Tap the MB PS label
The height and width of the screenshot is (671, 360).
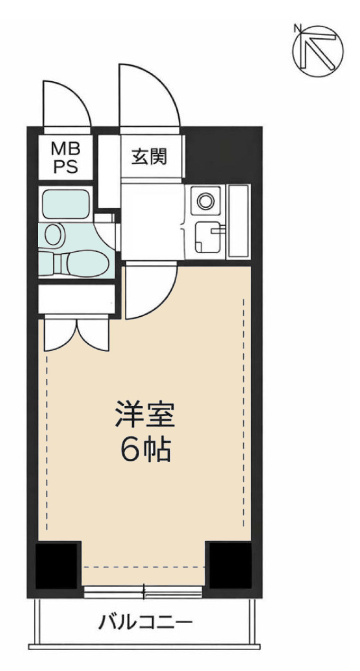click(x=66, y=158)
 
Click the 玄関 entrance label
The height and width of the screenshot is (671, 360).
click(x=149, y=157)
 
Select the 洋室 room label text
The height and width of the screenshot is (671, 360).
click(x=144, y=414)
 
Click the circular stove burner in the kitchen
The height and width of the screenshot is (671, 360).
click(x=205, y=201)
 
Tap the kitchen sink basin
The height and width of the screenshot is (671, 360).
click(x=206, y=237)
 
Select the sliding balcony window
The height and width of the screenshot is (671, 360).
click(x=143, y=592)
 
